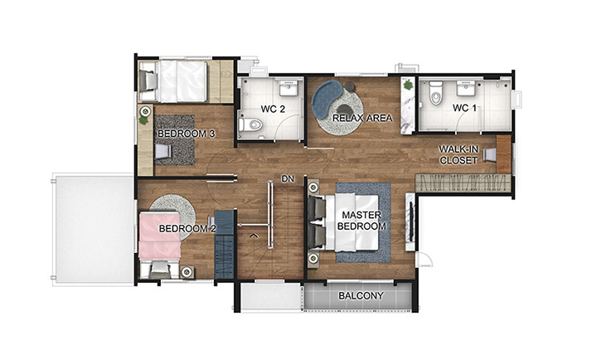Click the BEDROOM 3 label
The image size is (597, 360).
click(x=187, y=134)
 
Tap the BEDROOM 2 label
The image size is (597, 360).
click(x=187, y=229)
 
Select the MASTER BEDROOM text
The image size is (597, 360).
click(x=362, y=221)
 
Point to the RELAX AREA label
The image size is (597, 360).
click(x=362, y=118)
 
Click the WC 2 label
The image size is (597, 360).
click(x=273, y=109)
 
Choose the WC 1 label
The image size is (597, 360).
click(x=464, y=108)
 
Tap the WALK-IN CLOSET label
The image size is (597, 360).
click(x=459, y=154)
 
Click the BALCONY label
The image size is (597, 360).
click(x=361, y=295)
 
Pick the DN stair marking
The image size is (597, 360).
click(x=288, y=178)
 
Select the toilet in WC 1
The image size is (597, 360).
click(x=434, y=94)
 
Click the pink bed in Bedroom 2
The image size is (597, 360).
click(x=160, y=236)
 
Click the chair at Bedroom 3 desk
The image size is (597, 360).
click(x=163, y=151)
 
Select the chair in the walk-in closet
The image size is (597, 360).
click(x=490, y=154)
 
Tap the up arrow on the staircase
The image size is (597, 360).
click(x=254, y=236)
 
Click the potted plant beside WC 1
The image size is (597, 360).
click(x=408, y=84)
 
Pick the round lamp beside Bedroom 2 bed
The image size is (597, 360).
click(x=187, y=271)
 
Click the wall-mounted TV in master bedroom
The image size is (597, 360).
click(x=411, y=221)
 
